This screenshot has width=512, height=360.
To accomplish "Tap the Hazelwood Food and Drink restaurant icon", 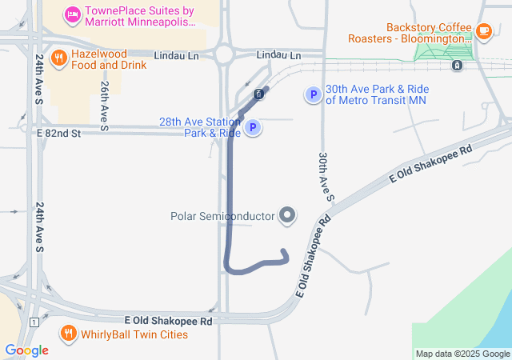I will (x=58, y=58).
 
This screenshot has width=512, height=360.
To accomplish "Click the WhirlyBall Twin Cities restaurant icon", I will (x=69, y=333).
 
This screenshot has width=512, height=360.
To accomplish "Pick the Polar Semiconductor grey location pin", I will (x=286, y=216).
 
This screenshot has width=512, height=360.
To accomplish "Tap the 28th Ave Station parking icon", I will (x=253, y=127).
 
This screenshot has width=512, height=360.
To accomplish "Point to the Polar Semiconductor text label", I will (x=222, y=217).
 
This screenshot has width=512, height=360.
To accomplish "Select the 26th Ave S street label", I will (x=104, y=105).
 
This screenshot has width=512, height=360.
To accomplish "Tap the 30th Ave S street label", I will (x=325, y=176).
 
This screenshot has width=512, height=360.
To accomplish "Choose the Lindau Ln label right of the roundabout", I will (x=278, y=55).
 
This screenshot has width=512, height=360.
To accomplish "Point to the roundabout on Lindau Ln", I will (x=223, y=54).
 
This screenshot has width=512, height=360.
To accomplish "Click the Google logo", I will (x=26, y=350).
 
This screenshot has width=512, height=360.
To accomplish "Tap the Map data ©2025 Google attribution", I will (x=462, y=354).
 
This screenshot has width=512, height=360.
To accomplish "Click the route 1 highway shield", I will (x=34, y=322).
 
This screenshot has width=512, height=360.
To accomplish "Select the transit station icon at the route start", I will (x=258, y=94).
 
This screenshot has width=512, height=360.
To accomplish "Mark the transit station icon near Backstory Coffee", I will (x=456, y=66).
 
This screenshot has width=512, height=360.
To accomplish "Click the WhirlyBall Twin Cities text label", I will (x=134, y=334).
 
